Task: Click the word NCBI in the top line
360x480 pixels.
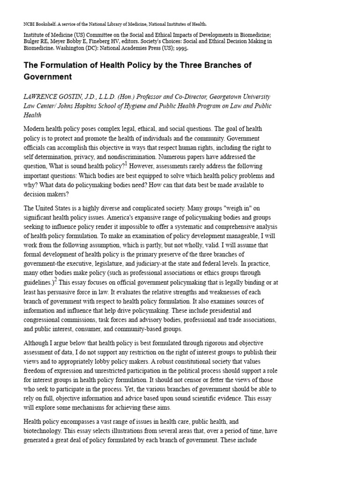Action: tap(30, 24)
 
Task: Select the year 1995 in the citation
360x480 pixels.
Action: tap(180, 48)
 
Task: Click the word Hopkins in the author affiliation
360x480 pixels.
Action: tap(91, 106)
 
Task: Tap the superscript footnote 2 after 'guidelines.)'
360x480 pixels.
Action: tap(56, 280)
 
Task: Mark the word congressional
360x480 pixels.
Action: tap(45, 320)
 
